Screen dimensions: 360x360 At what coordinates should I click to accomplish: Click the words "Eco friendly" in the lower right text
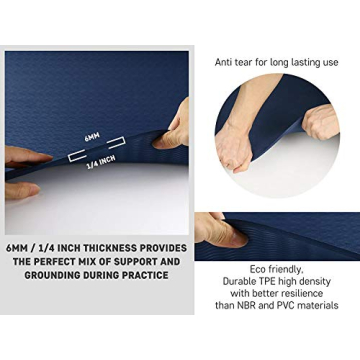pyautogui.click(x=276, y=269)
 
